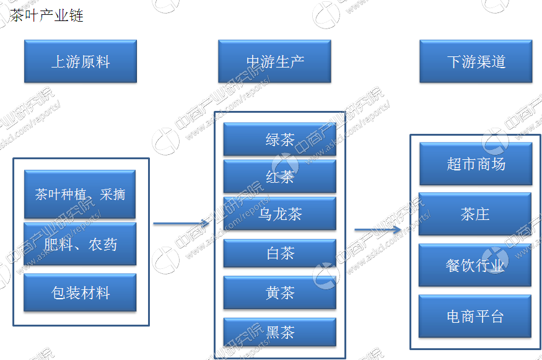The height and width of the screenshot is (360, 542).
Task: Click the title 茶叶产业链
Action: click(46, 15)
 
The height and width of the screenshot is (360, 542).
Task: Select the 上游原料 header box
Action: click(81, 61)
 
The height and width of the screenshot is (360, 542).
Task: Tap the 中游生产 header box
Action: click(274, 61)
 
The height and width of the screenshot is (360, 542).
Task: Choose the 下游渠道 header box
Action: click(476, 61)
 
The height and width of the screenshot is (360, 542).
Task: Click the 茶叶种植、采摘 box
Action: click(80, 194)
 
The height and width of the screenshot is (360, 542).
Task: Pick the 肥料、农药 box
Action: click(80, 244)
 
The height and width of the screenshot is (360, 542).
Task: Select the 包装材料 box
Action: click(80, 292)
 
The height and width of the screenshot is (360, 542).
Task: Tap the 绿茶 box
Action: click(279, 139)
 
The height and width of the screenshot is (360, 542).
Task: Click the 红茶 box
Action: click(279, 177)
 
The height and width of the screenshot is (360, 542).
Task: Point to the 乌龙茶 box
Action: click(279, 214)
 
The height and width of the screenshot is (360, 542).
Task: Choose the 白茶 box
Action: click(279, 253)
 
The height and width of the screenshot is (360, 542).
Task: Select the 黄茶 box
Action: click(279, 292)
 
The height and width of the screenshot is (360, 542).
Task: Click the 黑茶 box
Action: click(279, 332)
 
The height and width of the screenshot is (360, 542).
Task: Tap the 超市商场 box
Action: click(476, 164)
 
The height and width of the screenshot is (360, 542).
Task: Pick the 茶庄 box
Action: click(475, 214)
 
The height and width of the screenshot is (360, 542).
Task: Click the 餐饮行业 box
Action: click(475, 265)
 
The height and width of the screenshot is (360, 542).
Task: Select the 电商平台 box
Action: click(475, 316)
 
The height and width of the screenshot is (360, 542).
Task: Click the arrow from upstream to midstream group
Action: click(181, 224)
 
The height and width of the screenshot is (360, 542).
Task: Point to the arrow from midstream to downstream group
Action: click(378, 230)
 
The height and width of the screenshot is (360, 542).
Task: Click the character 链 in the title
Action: click(76, 15)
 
